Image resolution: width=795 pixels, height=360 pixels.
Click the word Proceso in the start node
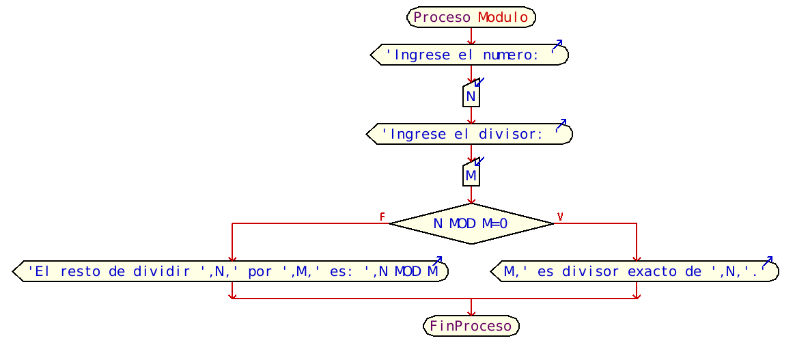(x=442, y=18)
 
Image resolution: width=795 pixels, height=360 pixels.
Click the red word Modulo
(x=503, y=18)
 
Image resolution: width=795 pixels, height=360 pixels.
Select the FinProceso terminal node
(x=471, y=327)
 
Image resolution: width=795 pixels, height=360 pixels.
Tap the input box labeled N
(x=471, y=96)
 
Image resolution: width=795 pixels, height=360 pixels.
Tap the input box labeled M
(x=471, y=176)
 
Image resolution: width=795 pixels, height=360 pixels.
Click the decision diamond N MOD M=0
(x=471, y=223)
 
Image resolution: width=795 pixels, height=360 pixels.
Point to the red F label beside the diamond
(x=382, y=217)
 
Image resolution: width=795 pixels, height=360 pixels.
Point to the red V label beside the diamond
(x=560, y=217)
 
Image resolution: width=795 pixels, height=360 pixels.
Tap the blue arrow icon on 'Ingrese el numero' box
(x=557, y=46)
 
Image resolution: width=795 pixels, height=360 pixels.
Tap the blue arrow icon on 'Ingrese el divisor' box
(x=561, y=125)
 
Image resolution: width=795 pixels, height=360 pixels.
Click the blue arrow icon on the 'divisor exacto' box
(x=767, y=262)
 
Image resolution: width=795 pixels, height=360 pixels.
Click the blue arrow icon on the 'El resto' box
(x=437, y=262)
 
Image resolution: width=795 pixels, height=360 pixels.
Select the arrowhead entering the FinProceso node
(x=471, y=313)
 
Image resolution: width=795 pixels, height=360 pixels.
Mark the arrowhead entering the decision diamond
(x=471, y=200)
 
